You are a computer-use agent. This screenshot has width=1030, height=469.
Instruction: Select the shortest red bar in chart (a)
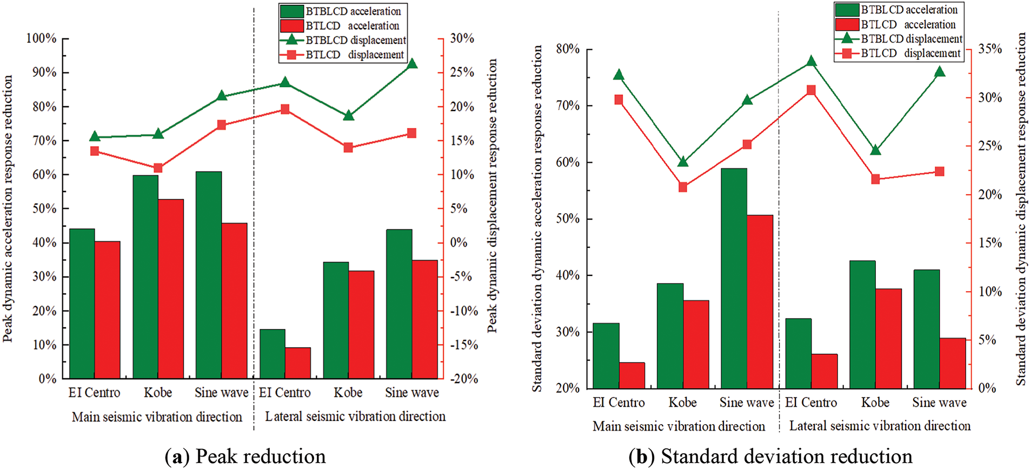tap(298, 363)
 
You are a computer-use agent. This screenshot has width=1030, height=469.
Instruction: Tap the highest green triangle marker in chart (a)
tap(412, 64)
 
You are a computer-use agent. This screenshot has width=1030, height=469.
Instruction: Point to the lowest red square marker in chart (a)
tap(158, 168)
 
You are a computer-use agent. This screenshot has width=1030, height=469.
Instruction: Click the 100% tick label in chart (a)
tap(42, 38)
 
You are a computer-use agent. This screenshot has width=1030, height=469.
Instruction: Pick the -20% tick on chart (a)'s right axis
tap(464, 379)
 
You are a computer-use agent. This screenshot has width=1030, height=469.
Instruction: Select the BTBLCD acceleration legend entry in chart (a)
tap(341, 11)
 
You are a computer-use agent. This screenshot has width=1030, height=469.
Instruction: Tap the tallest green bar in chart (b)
tap(734, 279)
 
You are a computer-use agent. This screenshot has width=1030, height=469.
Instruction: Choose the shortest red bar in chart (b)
tap(632, 375)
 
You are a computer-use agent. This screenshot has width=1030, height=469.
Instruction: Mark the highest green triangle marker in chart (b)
tap(811, 61)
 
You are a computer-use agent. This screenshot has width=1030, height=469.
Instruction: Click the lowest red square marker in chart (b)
tap(683, 187)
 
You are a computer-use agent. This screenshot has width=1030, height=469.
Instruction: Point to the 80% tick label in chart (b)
tap(568, 49)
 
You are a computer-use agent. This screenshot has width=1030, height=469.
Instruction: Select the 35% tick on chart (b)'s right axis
tap(990, 49)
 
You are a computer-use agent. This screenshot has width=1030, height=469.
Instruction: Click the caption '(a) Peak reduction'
tap(245, 457)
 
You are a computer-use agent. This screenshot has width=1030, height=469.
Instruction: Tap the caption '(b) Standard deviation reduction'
tap(770, 457)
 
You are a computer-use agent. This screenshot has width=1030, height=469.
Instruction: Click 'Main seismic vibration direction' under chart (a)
tap(157, 417)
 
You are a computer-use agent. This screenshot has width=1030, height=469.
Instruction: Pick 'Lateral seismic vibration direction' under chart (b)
tap(880, 426)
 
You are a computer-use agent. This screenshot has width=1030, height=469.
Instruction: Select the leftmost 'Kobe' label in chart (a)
tap(158, 393)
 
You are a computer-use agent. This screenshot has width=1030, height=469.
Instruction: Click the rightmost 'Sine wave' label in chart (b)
tap(939, 402)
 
